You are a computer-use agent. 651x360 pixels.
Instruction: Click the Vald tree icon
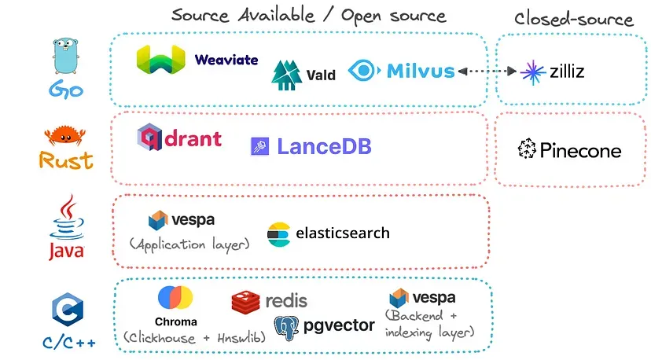286,73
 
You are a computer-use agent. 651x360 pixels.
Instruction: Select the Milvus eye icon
364,71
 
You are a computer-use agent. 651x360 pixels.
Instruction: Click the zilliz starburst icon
533,72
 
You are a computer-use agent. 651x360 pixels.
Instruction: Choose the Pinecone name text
580,150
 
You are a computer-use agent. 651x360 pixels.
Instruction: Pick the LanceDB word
324,146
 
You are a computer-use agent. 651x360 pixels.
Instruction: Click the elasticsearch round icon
278,233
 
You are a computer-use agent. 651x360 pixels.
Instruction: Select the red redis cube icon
245,302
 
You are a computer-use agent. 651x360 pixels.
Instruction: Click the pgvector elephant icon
286,326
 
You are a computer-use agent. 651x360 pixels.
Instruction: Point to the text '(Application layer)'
189,244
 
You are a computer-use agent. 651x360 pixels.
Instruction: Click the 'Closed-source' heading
573,19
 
